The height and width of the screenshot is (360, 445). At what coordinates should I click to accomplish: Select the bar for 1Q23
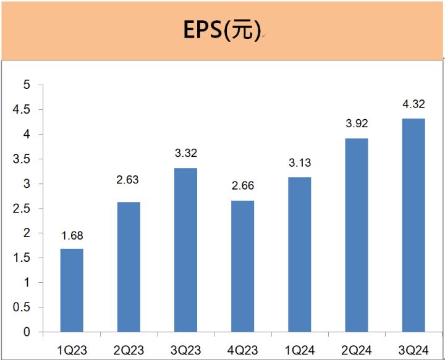tap(72, 290)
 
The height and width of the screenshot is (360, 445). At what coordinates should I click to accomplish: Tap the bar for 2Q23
tap(129, 267)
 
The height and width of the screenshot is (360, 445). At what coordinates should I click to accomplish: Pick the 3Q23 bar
tap(185, 249)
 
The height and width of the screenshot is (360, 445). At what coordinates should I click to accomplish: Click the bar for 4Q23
tap(242, 266)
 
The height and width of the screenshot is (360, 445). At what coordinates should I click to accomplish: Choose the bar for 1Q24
tap(299, 254)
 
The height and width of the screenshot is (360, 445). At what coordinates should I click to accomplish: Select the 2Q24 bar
tap(357, 235)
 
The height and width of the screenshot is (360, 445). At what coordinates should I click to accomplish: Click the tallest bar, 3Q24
tap(413, 225)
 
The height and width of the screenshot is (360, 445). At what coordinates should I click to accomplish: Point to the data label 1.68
tap(72, 235)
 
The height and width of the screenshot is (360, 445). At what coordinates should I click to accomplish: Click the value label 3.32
tap(185, 153)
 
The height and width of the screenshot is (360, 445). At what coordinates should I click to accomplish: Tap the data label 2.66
tap(242, 186)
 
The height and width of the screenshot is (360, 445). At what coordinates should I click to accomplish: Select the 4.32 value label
tap(413, 104)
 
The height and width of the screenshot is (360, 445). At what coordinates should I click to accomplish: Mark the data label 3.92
tap(357, 124)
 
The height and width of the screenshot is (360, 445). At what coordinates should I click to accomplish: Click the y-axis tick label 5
tap(27, 85)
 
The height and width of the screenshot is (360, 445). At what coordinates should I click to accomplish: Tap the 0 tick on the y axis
tap(27, 332)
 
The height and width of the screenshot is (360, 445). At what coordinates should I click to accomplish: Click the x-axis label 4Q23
tap(242, 350)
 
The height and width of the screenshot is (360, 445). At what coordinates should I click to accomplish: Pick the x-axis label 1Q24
tap(299, 350)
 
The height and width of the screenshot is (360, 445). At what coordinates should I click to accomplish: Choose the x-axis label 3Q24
tap(413, 350)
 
